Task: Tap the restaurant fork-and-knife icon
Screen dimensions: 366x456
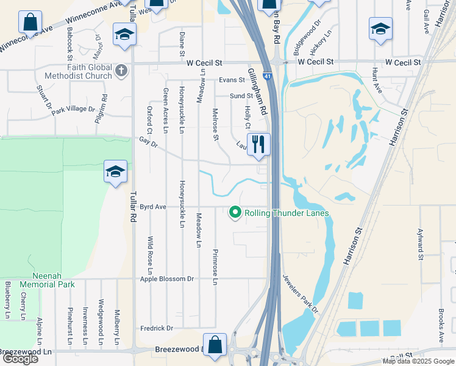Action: [x=259, y=144]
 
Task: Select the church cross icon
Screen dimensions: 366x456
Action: [x=121, y=70]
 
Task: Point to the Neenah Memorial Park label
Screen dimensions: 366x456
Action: [x=47, y=280]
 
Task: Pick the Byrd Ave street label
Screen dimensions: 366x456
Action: [x=153, y=207]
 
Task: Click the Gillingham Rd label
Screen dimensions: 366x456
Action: [x=257, y=92]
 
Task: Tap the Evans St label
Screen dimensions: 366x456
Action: [x=232, y=81]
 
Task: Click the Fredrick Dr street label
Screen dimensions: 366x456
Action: [x=156, y=328]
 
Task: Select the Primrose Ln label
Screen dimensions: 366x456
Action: [x=215, y=267]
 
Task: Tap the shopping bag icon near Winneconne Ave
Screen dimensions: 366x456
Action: [x=30, y=23]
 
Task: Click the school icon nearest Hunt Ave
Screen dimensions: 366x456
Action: [x=380, y=29]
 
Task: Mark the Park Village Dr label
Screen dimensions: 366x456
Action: [x=73, y=110]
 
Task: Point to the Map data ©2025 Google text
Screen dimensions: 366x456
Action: [x=418, y=361]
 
